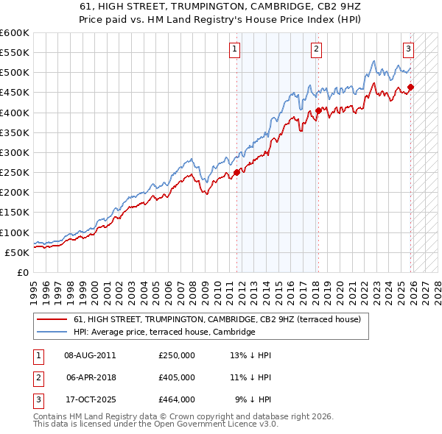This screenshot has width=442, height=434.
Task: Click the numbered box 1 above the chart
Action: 234,49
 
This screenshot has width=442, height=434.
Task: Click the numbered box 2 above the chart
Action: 316,49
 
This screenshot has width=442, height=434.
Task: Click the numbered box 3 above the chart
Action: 408,49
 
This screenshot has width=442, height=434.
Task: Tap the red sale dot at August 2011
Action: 237,173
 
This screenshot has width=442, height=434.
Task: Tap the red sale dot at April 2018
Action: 318,111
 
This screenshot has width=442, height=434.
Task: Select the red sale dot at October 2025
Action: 410,88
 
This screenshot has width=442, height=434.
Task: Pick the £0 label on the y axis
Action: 24,272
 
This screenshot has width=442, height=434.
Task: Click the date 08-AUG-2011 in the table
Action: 90,355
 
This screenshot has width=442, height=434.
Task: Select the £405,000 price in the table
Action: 176,377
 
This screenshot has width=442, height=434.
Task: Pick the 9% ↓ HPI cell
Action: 253,399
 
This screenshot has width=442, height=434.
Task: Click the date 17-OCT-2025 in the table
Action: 90,399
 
